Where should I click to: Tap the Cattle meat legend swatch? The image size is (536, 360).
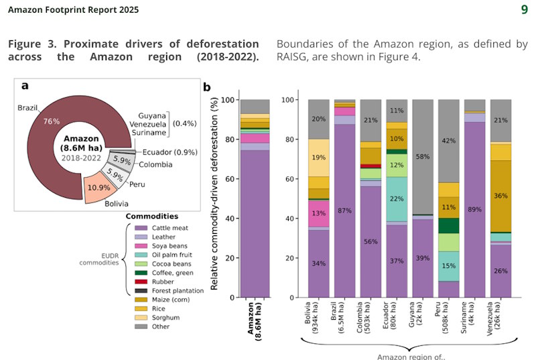[x=139, y=228]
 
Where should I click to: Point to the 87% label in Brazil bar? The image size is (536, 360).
[x=344, y=211]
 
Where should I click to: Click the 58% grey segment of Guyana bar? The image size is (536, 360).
[x=423, y=156]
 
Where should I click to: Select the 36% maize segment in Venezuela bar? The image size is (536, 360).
[x=501, y=196]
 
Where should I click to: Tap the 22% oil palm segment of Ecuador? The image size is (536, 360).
[x=397, y=199]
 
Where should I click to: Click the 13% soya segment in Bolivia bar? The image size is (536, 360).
[x=318, y=214]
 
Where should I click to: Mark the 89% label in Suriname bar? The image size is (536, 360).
[x=475, y=209]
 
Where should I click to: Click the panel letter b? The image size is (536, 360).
[x=207, y=87]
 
